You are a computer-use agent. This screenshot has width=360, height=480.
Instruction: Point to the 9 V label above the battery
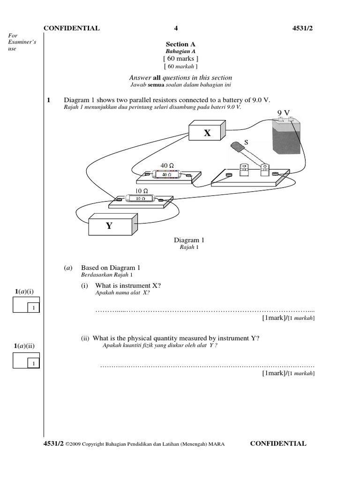pos(284,112)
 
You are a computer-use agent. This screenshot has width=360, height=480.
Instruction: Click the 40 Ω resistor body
pos(167,175)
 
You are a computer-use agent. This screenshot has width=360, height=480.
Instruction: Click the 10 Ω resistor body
pos(140,199)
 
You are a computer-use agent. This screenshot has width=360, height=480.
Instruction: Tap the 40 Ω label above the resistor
pos(167,165)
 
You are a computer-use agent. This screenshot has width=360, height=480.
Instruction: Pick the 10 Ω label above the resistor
pos(142,191)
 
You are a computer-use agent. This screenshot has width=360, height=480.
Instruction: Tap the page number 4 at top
pos(176,28)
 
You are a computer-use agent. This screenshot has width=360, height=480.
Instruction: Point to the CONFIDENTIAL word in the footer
pos(278,443)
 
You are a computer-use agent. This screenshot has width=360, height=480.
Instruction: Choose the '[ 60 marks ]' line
pos(180,59)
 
